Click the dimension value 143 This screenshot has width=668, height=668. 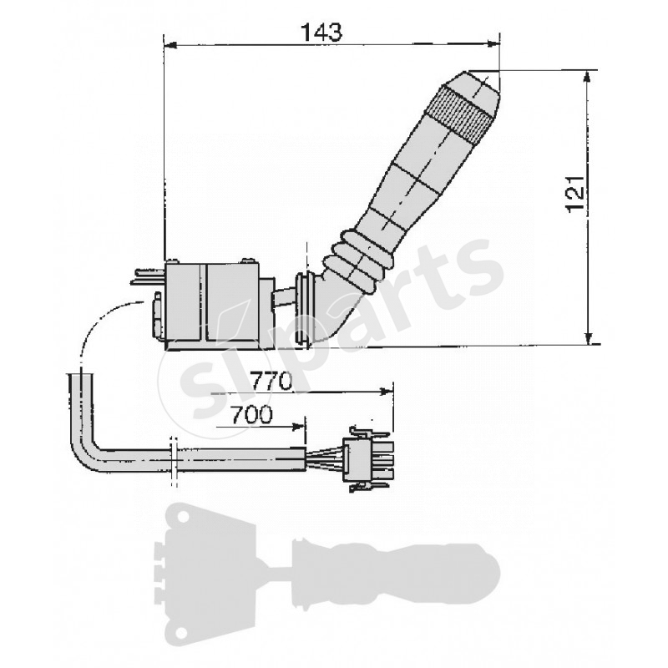pyautogui.click(x=321, y=32)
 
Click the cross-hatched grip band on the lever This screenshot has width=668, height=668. pyautogui.click(x=458, y=113)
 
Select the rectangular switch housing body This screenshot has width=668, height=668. pyautogui.click(x=213, y=305)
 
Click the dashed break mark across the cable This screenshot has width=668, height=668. pyautogui.click(x=173, y=459)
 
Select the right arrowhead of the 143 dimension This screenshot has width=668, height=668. pyautogui.click(x=493, y=42)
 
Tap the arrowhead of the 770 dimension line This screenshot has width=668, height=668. pyautogui.click(x=386, y=391)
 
